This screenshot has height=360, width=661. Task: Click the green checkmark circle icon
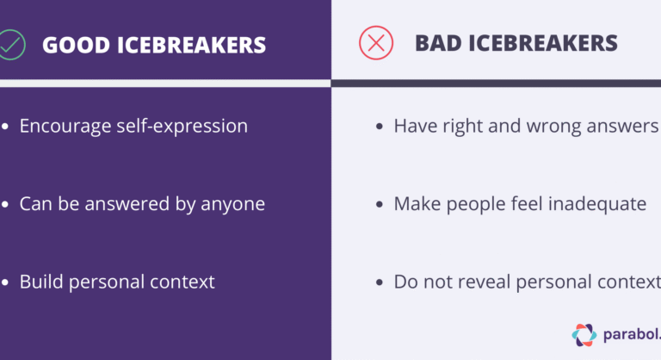[x=9, y=43]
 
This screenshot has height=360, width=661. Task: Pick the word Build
[x=40, y=282]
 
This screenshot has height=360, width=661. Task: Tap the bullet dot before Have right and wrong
[x=380, y=127]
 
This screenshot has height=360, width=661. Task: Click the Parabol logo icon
[x=584, y=334]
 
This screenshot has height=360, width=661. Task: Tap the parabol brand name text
[x=632, y=334]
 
